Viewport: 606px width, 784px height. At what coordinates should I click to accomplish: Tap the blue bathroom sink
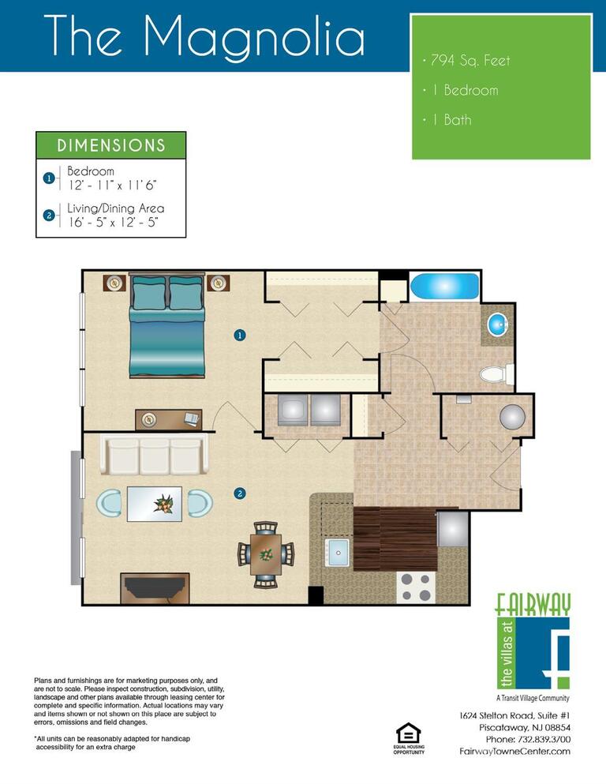(498, 325)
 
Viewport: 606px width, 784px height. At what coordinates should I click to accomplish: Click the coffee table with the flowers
(155, 504)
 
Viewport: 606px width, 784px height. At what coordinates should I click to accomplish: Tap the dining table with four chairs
(266, 554)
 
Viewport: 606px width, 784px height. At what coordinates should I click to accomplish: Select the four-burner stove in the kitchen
(416, 587)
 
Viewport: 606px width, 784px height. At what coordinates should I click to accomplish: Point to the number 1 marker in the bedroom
(240, 335)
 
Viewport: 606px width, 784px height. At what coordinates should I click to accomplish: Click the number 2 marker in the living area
(240, 493)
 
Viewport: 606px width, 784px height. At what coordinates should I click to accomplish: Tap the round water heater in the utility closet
(513, 417)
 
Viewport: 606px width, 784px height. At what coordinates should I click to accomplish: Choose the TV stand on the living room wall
(155, 588)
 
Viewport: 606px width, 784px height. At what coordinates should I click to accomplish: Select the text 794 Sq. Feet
(470, 61)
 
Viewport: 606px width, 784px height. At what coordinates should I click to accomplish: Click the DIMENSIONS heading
(111, 145)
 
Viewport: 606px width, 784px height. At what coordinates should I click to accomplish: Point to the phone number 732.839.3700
(544, 739)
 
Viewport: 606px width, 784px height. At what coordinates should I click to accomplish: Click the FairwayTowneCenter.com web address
(514, 751)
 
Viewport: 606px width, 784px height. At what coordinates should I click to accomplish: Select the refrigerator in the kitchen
(453, 529)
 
